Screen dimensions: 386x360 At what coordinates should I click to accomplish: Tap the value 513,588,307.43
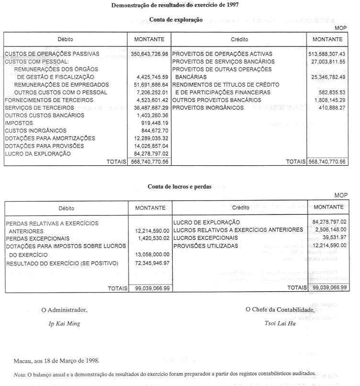point(327,54)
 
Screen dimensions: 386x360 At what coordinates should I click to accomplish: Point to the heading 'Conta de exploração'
point(176,20)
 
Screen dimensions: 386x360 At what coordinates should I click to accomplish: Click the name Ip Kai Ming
point(65,323)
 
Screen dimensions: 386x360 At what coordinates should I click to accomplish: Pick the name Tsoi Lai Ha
point(280,323)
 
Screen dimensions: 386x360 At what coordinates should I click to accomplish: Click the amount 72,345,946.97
point(153,263)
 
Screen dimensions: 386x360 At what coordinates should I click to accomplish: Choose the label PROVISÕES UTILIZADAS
point(205,246)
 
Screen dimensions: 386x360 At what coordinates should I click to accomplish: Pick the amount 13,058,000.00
point(153,254)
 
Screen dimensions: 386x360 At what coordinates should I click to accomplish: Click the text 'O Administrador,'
point(65,310)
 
